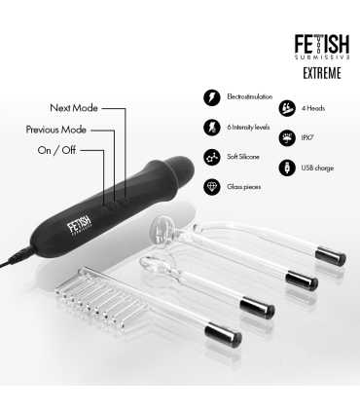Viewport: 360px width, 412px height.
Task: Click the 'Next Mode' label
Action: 74,107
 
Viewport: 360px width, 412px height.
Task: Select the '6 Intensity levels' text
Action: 249,127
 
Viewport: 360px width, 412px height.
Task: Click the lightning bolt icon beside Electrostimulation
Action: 211,98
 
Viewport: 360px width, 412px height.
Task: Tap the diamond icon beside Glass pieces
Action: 211,185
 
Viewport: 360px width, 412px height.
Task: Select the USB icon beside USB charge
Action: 287,168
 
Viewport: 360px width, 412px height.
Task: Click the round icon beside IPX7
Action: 287,138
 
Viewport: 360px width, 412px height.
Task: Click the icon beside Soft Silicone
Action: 211,156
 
